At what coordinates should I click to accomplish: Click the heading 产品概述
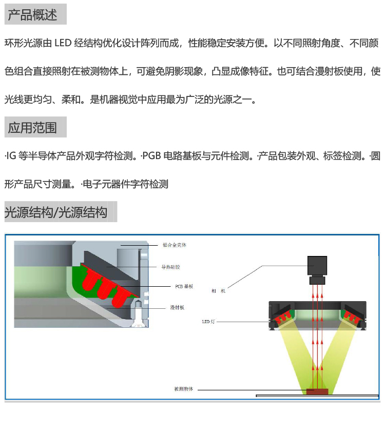click(32, 15)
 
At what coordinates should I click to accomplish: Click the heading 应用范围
click(32, 128)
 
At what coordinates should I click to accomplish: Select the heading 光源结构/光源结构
click(56, 212)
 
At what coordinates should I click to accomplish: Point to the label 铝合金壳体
click(174, 245)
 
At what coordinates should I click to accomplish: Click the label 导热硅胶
click(171, 267)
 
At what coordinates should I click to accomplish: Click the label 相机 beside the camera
click(218, 291)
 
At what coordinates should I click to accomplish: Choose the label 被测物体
click(184, 389)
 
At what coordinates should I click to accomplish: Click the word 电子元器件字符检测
click(126, 184)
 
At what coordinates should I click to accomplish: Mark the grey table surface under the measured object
click(354, 395)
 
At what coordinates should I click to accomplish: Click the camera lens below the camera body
click(317, 281)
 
